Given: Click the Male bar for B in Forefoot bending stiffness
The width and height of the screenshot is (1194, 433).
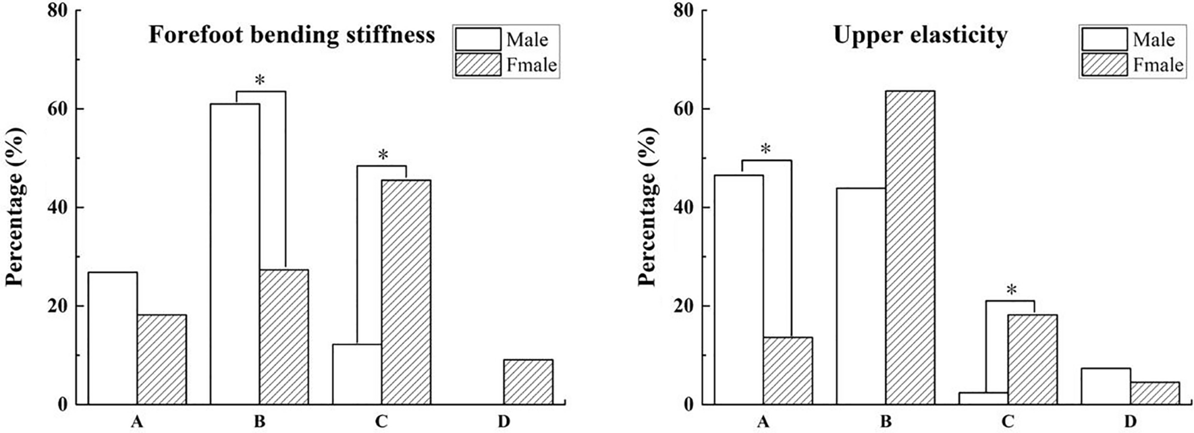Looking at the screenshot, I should [x=235, y=254].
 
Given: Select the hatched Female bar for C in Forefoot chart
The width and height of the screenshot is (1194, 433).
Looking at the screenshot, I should [x=406, y=292].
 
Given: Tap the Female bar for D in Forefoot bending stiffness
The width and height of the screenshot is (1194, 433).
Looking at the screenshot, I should [x=528, y=382].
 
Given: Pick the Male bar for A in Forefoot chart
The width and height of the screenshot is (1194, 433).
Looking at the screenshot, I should [x=113, y=338].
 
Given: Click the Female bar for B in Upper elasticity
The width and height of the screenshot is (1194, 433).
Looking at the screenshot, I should [x=910, y=248].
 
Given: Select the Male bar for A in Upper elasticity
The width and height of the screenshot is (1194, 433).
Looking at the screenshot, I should [x=739, y=289].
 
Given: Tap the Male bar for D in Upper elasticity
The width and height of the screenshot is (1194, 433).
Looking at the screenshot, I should [x=1106, y=386].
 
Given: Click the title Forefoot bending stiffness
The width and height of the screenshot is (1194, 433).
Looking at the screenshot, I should [x=292, y=35].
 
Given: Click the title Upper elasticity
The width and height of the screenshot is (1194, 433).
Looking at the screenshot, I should [x=920, y=35].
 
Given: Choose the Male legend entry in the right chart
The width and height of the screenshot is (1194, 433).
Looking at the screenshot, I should [x=1132, y=39].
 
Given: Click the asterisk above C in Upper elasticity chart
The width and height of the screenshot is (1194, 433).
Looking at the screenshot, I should [x=1011, y=291].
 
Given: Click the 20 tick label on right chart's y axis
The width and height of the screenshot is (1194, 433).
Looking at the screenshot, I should [x=684, y=306].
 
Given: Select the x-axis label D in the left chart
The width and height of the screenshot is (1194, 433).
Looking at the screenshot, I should [x=504, y=422].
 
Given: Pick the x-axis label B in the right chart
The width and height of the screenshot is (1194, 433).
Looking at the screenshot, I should [x=886, y=422].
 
